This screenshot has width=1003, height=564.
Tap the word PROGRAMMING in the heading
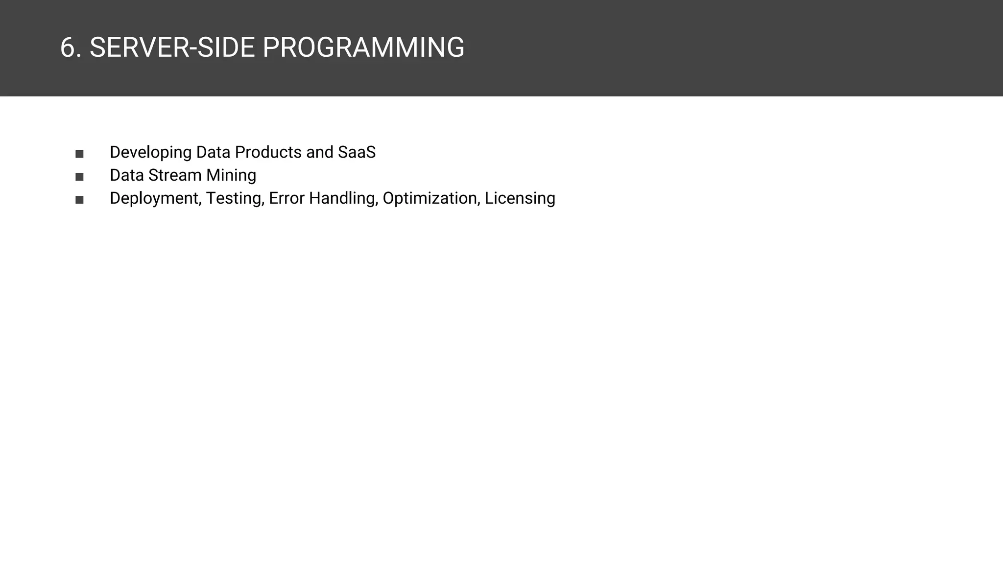(363, 48)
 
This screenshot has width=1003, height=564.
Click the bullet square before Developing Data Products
(79, 154)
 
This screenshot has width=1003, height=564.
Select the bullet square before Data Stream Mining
(79, 177)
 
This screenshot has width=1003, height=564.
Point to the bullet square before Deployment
(79, 200)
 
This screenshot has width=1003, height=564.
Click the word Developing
(150, 152)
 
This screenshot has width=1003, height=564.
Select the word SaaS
(357, 152)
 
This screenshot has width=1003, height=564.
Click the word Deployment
(154, 198)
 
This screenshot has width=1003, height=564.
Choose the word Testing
(235, 198)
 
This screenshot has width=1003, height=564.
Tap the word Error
(287, 198)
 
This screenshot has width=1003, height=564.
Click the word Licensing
(520, 198)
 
